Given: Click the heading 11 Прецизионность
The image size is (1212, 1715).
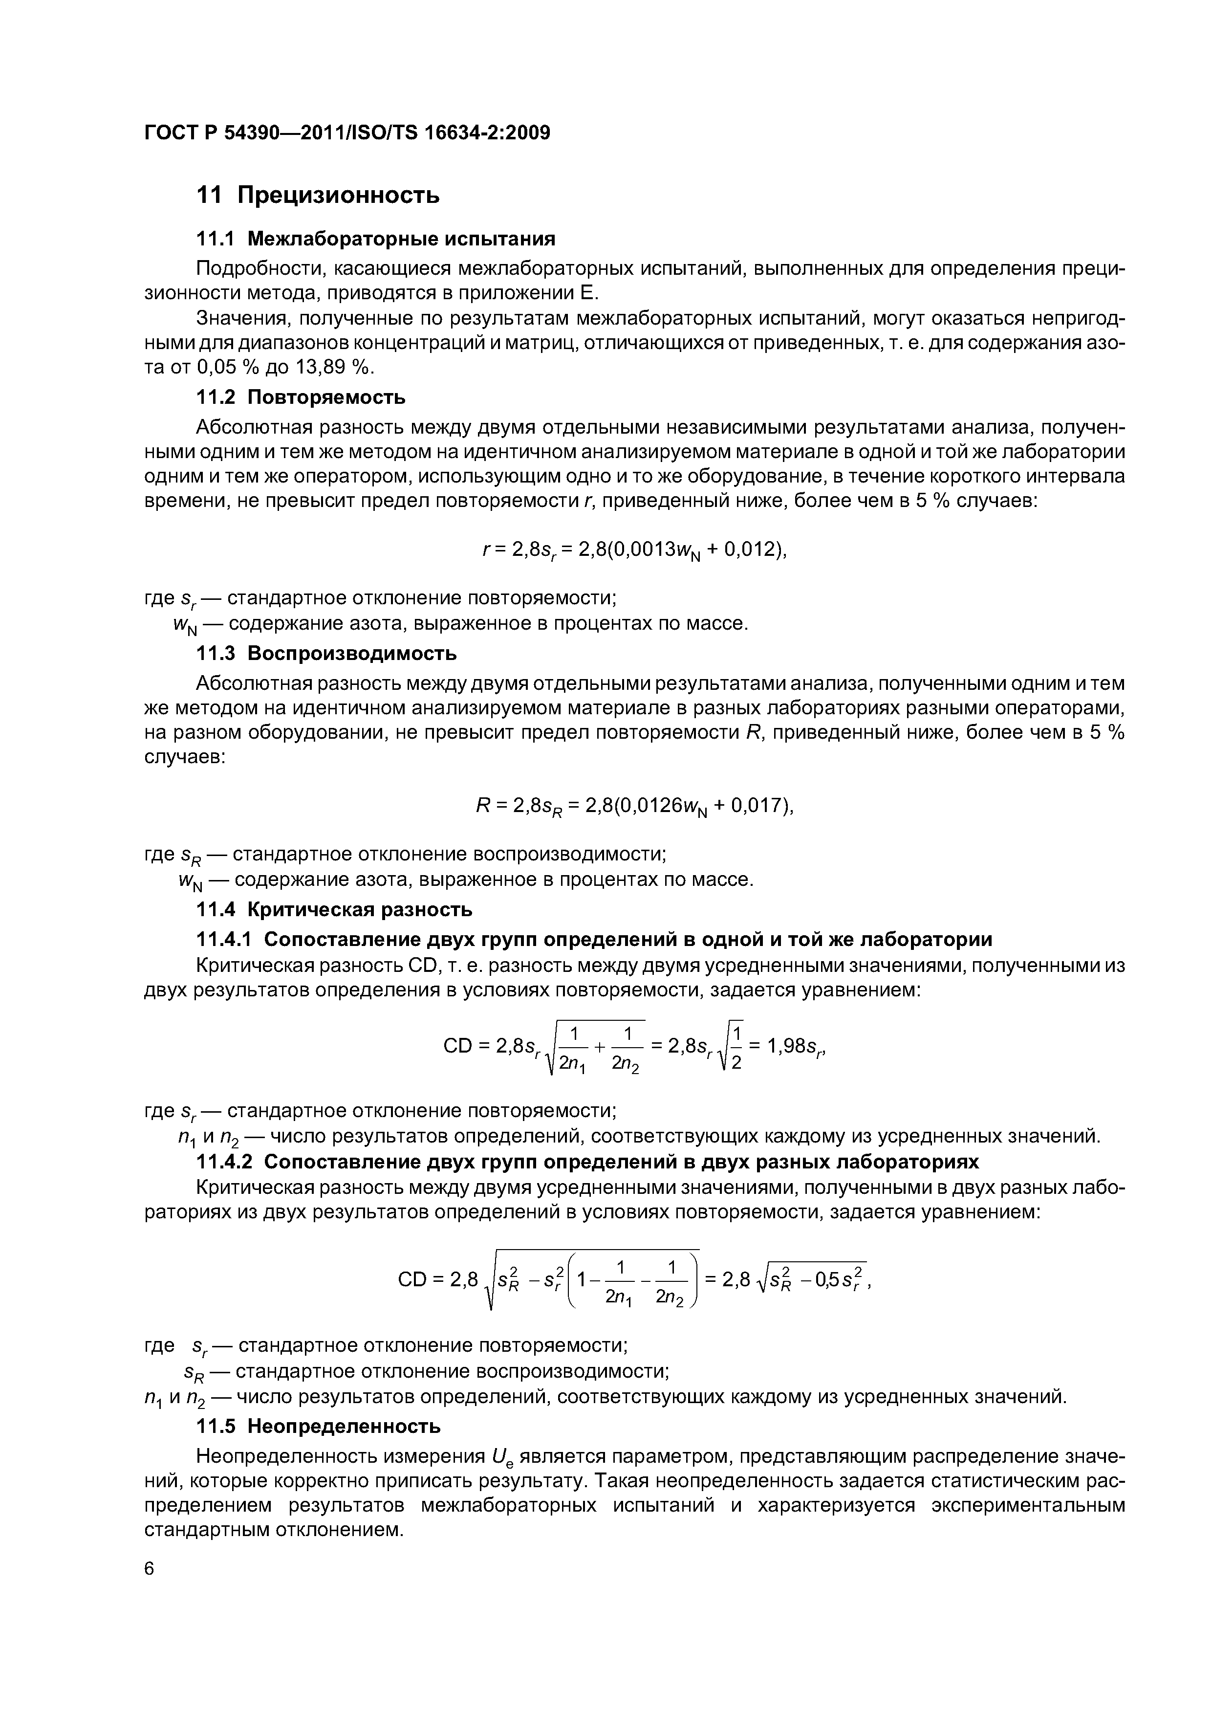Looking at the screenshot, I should click(x=317, y=196).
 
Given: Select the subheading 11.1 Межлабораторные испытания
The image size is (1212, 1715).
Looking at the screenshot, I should click(x=376, y=239).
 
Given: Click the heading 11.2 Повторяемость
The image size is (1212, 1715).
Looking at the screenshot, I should click(x=301, y=397).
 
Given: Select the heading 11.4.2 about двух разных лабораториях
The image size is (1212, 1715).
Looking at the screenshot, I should click(x=586, y=1162).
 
